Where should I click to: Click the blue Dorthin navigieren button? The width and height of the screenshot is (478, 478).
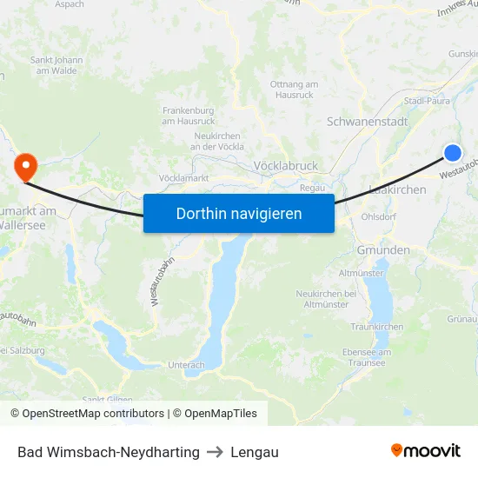[239, 213]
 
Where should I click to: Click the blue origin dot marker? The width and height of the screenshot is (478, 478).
[453, 153]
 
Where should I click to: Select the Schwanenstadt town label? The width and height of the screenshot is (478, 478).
[367, 122]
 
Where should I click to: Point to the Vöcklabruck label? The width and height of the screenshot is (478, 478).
[286, 165]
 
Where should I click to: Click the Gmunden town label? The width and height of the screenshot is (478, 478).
[383, 250]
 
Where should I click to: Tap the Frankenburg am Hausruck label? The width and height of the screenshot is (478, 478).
[189, 116]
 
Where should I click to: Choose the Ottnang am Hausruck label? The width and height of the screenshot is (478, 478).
[295, 88]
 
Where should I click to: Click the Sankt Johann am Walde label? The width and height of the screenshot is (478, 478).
[57, 65]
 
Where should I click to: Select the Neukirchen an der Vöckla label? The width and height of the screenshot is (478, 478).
[216, 142]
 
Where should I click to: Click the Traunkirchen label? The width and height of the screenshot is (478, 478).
[377, 327]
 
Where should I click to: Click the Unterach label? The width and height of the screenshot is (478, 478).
[187, 365]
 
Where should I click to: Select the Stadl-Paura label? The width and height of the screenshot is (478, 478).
[427, 101]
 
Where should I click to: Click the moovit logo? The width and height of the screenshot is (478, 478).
[425, 451]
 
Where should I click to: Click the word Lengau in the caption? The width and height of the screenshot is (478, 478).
[255, 452]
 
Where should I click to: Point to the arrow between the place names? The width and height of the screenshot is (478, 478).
[216, 452]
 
